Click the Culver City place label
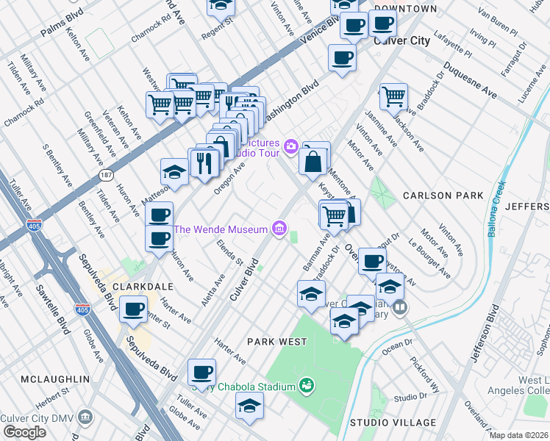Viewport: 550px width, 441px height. (401, 41)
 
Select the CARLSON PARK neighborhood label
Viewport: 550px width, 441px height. (443, 196)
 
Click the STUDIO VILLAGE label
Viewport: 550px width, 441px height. (393, 423)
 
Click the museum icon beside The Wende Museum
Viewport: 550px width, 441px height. (279, 229)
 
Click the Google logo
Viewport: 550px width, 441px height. (24, 432)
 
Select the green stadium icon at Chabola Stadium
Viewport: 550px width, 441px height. (307, 385)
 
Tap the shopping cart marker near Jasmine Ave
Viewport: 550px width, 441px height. (393, 96)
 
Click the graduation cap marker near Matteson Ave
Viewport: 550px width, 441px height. (174, 171)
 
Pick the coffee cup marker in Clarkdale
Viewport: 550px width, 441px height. (133, 309)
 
